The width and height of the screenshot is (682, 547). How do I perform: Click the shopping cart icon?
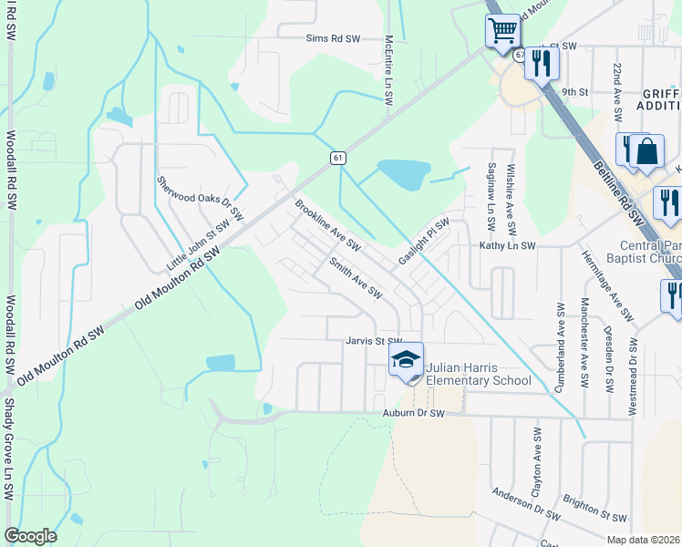(x=502, y=30)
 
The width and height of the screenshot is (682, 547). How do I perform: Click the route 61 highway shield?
(x=337, y=158)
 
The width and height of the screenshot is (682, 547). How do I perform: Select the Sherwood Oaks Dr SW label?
(x=200, y=200)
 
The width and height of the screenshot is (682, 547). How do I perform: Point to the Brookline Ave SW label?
(x=327, y=226)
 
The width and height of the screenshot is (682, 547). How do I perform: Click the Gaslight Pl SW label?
(x=424, y=242)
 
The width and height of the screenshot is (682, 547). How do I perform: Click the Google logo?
(x=30, y=535)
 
